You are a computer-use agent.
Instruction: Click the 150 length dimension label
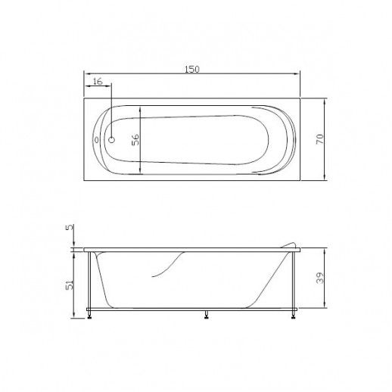pyautogui.click(x=192, y=69)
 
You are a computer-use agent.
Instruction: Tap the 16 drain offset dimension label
pyautogui.click(x=98, y=82)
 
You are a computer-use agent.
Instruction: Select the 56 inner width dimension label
pyautogui.click(x=135, y=140)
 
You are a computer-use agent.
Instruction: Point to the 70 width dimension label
pyautogui.click(x=319, y=139)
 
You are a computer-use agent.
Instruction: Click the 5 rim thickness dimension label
pyautogui.click(x=70, y=227)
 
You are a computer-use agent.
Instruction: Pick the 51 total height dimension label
pyautogui.click(x=70, y=285)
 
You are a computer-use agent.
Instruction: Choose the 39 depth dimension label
pyautogui.click(x=320, y=278)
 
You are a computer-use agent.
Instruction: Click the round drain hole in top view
pyautogui.click(x=111, y=139)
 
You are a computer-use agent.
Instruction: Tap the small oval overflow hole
pyautogui.click(x=96, y=139)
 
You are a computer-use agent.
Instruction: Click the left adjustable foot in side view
pyautogui.click(x=89, y=315)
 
